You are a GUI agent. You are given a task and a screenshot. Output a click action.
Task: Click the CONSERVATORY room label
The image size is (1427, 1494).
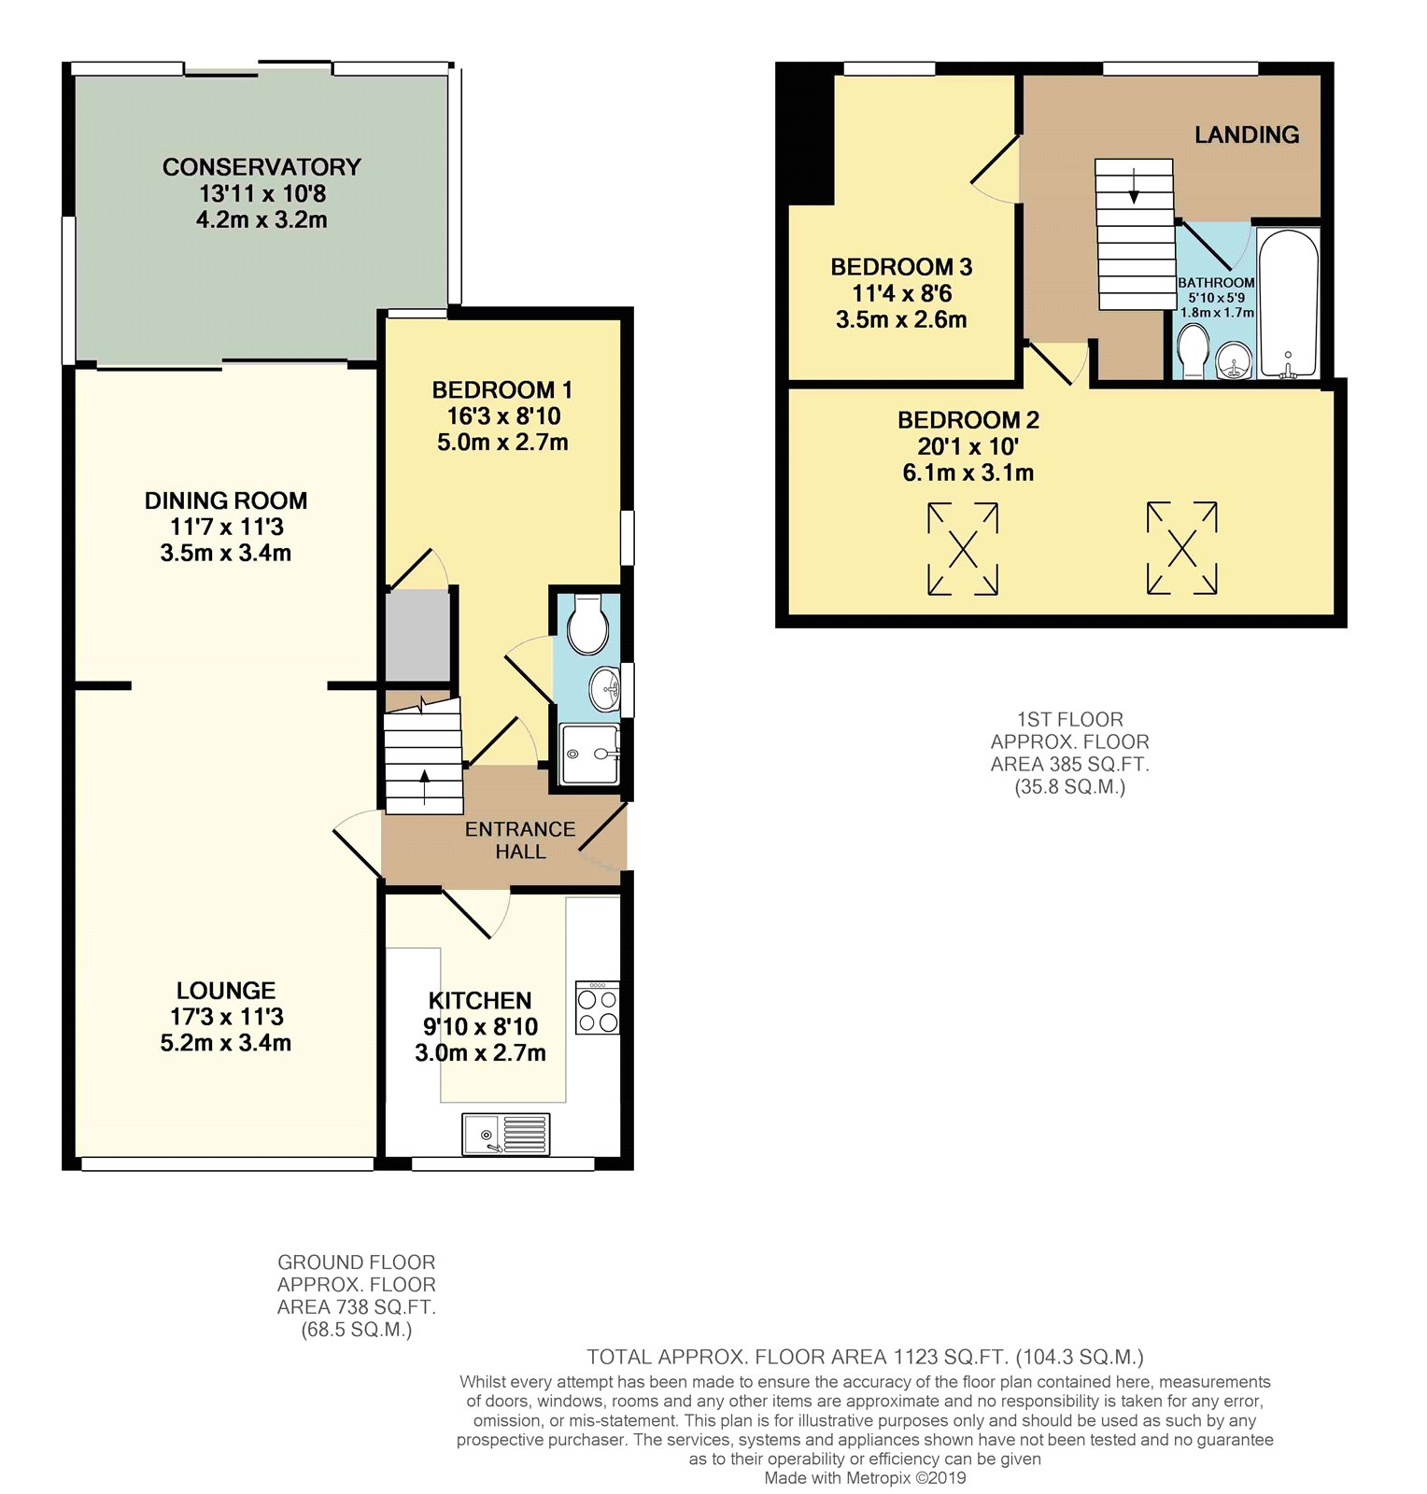[261, 167]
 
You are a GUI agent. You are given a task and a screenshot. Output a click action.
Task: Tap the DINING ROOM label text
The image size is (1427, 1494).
[226, 500]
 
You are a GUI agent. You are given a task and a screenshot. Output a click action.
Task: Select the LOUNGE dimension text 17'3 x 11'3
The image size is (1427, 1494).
[226, 1017]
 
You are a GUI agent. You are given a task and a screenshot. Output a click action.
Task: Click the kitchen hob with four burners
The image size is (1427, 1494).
[598, 1008]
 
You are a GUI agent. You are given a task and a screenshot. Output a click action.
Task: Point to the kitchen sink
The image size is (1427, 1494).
[505, 1135]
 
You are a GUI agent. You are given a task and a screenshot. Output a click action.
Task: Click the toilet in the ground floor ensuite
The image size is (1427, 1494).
[588, 624]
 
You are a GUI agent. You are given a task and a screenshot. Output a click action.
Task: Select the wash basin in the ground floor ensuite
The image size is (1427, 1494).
[605, 689]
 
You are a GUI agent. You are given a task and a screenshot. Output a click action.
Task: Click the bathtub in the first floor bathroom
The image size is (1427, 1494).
[1288, 303]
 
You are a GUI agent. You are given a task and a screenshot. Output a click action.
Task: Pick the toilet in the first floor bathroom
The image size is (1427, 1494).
[1194, 351]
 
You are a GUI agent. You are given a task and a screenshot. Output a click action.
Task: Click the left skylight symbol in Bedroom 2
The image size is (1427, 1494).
[963, 548]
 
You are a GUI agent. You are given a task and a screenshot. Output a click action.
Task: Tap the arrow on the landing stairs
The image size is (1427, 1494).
[1134, 186]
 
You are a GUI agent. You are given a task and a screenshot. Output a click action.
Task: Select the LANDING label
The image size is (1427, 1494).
[1247, 134]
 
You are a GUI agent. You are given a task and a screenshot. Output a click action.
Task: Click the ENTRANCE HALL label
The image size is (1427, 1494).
[520, 840]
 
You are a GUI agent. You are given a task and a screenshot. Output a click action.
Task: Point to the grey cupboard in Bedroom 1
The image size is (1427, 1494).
[418, 635]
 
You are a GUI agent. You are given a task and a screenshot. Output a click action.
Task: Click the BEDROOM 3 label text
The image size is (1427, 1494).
[901, 267]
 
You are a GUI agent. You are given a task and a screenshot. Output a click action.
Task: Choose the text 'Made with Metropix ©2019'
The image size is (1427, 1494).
[865, 1478]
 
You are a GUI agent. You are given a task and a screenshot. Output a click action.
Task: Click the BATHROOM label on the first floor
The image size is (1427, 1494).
[1216, 282]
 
